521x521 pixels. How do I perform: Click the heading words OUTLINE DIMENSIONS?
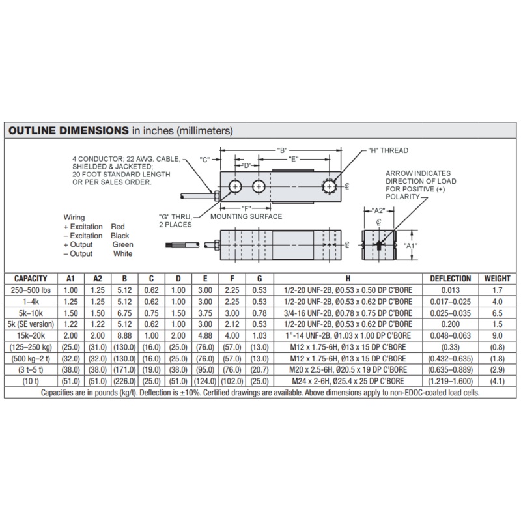pos(67,131)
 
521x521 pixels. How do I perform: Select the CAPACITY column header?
pos(30,279)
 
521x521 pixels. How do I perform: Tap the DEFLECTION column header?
pos(451,279)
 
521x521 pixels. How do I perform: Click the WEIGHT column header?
pos(497,279)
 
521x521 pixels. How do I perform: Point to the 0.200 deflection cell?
pos(451,323)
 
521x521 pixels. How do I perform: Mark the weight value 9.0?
pos(497,334)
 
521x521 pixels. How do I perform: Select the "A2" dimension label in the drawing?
pos(378,210)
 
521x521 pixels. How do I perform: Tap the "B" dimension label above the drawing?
pos(281,150)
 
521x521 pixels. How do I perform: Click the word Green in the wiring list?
pos(122,245)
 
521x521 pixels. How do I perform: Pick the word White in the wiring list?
pos(122,254)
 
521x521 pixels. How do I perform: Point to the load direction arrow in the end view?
pos(379,246)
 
